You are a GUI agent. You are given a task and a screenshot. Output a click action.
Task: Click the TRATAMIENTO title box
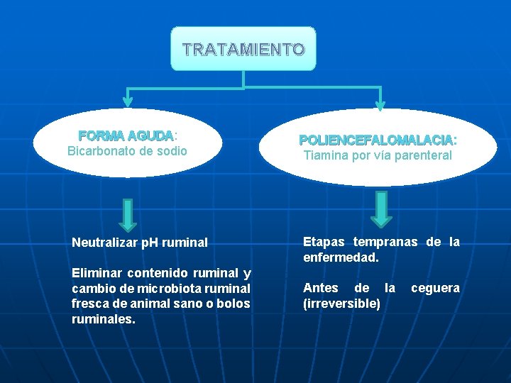[243, 49]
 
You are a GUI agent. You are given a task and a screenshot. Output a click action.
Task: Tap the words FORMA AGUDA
[126, 135]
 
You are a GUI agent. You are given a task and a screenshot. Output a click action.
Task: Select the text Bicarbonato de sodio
[127, 150]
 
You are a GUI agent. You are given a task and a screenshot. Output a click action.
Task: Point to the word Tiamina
[324, 155]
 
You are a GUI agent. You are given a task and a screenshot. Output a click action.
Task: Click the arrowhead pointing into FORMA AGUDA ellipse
[128, 101]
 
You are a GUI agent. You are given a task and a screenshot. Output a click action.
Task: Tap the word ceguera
[435, 288]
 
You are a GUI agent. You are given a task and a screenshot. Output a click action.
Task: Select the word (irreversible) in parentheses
[341, 304]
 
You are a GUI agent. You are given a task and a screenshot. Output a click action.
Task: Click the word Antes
[321, 288]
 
